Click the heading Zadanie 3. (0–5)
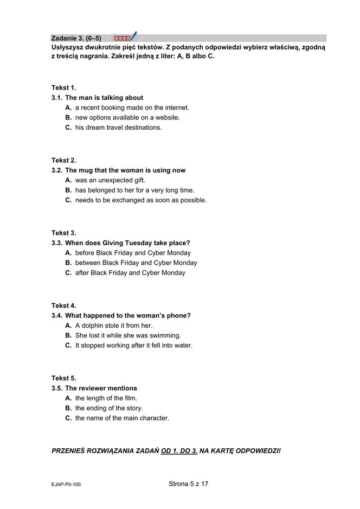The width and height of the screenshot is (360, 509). (76, 39)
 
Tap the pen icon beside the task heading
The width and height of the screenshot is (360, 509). (133, 36)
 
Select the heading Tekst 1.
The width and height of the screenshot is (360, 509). (64, 88)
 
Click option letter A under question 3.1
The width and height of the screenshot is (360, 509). (68, 107)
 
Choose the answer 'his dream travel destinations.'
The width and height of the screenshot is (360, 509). (118, 128)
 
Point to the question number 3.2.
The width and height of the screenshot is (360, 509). (57, 170)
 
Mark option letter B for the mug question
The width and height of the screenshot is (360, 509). (68, 190)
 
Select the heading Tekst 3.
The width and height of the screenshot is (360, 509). (64, 233)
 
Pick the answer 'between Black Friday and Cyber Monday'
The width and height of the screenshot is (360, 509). (136, 263)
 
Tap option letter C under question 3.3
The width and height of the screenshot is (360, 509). (68, 273)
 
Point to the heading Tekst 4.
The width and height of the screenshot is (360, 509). (64, 306)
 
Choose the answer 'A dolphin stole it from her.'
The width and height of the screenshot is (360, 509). (114, 326)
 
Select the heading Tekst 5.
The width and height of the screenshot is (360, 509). (64, 378)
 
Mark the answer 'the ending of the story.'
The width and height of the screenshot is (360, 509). (109, 408)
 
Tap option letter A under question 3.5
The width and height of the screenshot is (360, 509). (68, 398)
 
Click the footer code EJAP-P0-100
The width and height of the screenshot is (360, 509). (66, 485)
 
